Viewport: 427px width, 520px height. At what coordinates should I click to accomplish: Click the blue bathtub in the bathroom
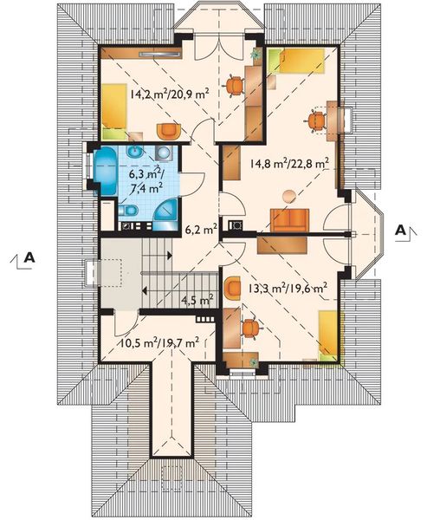(105, 171)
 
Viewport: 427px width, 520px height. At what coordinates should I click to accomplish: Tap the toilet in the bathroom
(128, 210)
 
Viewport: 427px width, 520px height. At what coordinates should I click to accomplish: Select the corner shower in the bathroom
(166, 215)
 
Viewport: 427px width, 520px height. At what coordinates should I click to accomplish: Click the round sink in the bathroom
(135, 152)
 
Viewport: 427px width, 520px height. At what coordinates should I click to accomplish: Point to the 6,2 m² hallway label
(201, 229)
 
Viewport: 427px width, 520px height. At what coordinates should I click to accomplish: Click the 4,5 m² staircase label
(197, 300)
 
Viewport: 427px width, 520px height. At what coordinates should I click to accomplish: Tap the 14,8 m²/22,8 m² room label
(289, 164)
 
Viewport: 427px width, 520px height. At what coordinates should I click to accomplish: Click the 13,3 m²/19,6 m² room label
(288, 288)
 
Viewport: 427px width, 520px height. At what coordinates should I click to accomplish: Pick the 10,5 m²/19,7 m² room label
(159, 342)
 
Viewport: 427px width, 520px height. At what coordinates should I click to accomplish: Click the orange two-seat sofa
(290, 220)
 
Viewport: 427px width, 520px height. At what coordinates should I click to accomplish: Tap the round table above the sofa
(288, 196)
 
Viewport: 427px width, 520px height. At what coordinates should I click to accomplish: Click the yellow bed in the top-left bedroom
(114, 112)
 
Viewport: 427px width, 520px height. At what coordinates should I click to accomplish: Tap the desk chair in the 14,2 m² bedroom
(235, 85)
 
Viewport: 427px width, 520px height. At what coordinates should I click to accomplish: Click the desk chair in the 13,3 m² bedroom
(251, 328)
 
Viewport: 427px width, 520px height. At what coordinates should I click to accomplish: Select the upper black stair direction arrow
(170, 255)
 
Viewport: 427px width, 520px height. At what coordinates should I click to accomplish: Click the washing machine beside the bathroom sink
(164, 153)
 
